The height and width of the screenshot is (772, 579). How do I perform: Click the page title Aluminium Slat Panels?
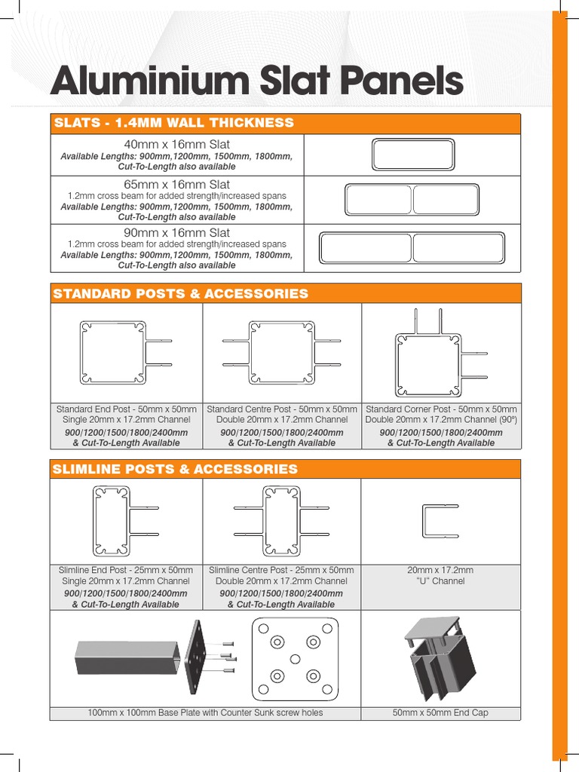(x=256, y=81)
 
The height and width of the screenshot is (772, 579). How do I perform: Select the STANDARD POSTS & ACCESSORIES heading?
(x=180, y=294)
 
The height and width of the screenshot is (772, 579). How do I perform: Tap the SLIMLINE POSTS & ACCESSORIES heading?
(x=175, y=469)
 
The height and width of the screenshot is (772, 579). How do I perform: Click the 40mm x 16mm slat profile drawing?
(x=412, y=155)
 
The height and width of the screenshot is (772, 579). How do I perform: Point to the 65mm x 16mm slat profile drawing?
(x=412, y=201)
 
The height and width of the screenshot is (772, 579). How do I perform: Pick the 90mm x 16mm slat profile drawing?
(x=412, y=248)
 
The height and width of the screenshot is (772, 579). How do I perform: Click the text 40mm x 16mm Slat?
(x=177, y=144)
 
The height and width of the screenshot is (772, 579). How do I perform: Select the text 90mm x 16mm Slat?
(x=177, y=233)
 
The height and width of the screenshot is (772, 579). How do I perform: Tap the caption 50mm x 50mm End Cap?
(x=441, y=713)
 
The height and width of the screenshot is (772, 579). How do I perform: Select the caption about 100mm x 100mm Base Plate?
(x=205, y=713)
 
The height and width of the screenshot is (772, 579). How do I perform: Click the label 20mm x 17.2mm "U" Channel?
(x=441, y=576)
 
